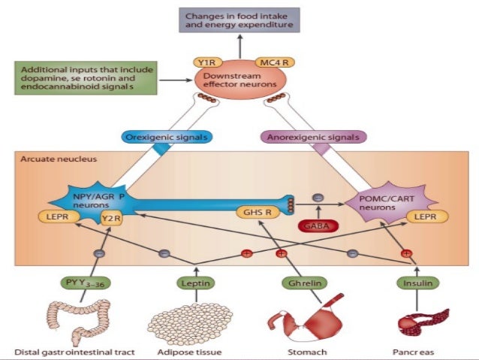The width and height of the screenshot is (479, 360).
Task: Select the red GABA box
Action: point(318,226)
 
